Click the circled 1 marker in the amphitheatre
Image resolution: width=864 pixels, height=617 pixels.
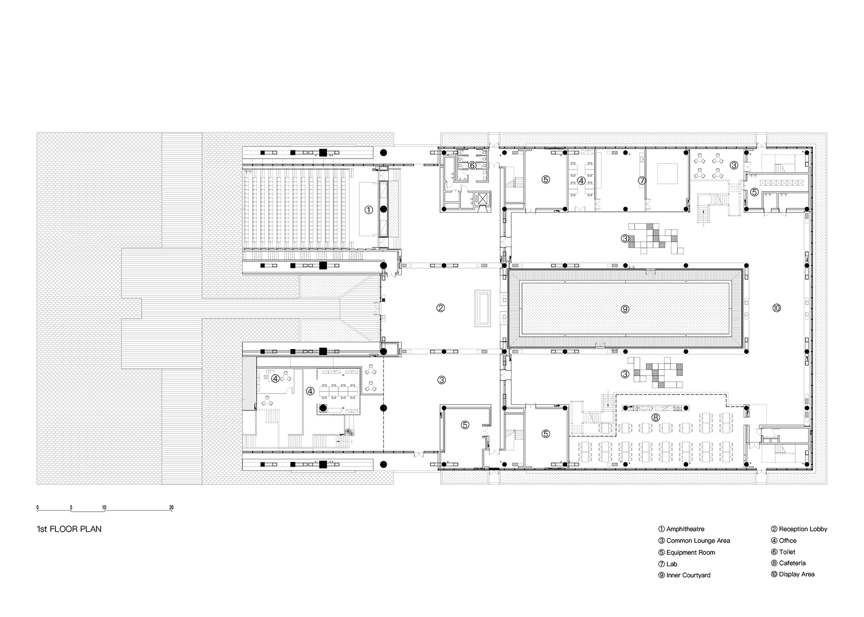[369, 209]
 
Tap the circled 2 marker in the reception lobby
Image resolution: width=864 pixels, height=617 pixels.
[441, 307]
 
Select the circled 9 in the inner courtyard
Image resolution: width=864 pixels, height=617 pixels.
[625, 308]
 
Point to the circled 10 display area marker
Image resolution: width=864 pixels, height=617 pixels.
[776, 307]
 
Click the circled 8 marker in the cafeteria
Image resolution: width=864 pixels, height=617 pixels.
[656, 417]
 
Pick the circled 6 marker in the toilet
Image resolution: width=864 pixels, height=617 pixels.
[472, 165]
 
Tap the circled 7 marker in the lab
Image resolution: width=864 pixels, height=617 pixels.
[642, 180]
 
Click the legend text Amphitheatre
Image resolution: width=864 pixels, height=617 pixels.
[685, 529]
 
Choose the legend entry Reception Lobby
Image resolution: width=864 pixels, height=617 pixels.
[803, 529]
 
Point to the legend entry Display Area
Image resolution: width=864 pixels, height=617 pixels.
[796, 574]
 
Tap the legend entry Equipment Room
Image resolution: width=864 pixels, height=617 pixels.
[690, 552]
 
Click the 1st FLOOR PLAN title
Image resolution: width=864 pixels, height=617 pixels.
[69, 529]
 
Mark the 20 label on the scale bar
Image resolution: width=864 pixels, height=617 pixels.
[171, 508]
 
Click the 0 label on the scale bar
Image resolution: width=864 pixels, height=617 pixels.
[37, 508]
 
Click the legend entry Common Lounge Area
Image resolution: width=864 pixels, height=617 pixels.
[698, 541]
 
